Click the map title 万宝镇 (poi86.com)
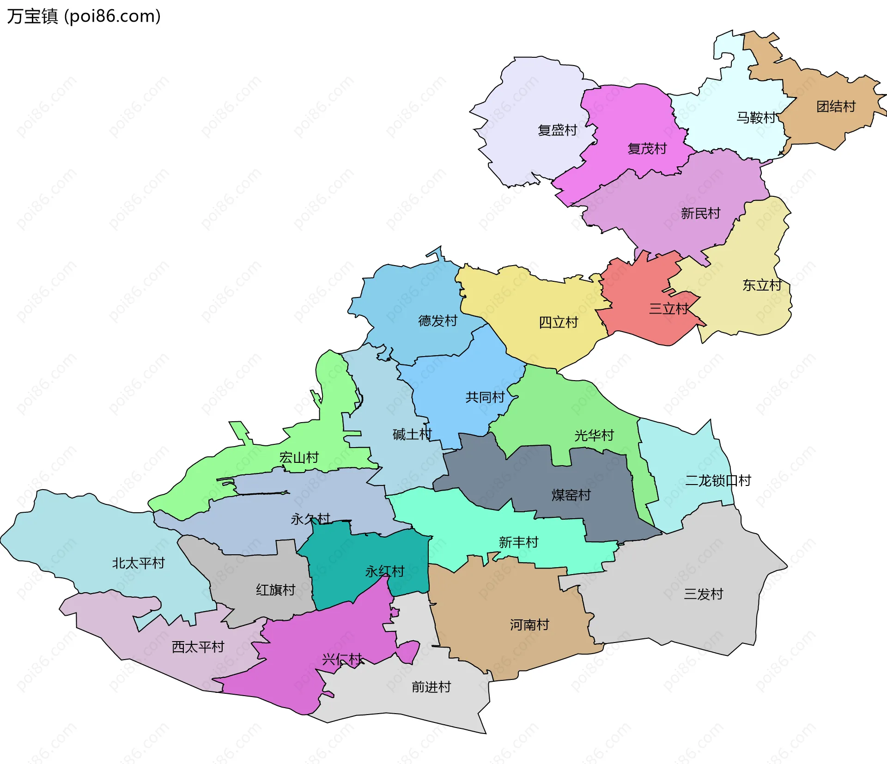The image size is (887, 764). point(84,16)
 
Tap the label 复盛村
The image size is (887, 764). point(557,130)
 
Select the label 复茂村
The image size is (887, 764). point(647,149)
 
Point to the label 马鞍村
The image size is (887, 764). point(756,118)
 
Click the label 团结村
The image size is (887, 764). point(836,107)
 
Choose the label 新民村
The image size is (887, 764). point(700,213)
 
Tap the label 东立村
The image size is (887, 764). point(762,285)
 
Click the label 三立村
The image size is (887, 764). point(668,309)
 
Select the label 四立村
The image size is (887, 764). point(558,322)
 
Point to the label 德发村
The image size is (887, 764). point(437,321)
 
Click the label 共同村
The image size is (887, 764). point(485,397)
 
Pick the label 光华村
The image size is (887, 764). point(594,435)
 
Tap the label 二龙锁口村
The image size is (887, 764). point(717,481)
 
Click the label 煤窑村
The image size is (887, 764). point(571,495)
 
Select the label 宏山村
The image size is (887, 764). point(299,458)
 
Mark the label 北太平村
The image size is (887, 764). point(138,563)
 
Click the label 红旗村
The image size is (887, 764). point(275,590)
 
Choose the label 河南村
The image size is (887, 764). point(529,625)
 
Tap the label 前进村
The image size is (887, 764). point(431,687)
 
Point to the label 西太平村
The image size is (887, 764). point(198,647)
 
